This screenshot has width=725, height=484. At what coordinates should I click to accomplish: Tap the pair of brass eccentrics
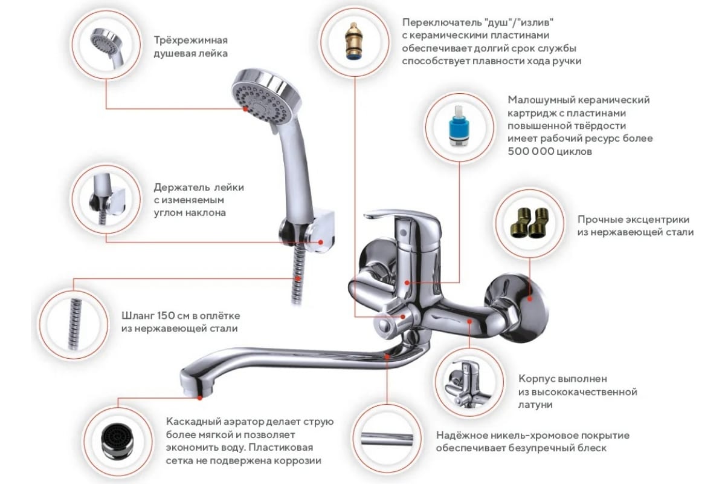pyautogui.click(x=529, y=223)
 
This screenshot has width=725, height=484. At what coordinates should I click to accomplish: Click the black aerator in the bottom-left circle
pyautogui.click(x=117, y=443)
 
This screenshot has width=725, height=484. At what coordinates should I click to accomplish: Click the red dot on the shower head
pyautogui.click(x=245, y=109)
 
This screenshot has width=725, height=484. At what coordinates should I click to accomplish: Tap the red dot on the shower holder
pyautogui.click(x=320, y=242)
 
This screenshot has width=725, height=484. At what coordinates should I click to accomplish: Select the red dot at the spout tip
pyautogui.click(x=200, y=397)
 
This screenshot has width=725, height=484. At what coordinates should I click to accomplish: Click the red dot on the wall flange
pyautogui.click(x=530, y=299)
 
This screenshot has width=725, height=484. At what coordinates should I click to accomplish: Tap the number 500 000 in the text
pyautogui.click(x=530, y=151)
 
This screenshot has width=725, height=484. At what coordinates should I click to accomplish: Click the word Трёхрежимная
pyautogui.click(x=191, y=41)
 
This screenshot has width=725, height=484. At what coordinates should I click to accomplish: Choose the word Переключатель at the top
pyautogui.click(x=442, y=23)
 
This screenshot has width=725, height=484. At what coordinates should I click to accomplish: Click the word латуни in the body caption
pyautogui.click(x=535, y=405)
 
